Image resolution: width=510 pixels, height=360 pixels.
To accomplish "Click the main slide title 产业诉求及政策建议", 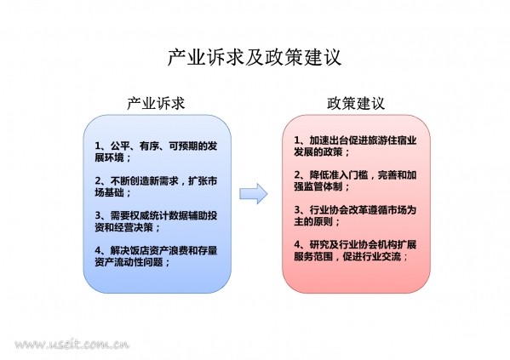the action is tap(255, 58).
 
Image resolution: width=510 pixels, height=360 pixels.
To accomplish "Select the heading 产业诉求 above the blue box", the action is tap(156, 104).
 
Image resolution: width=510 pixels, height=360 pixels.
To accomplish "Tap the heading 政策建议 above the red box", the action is tap(356, 104).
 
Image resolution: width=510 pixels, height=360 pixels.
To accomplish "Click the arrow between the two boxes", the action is tap(254, 194).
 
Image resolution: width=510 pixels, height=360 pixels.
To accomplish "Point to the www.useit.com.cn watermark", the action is tap(72, 344).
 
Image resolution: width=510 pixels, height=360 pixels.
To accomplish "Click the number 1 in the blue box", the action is tap(98, 146).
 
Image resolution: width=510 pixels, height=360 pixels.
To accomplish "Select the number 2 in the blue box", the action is tap(98, 181).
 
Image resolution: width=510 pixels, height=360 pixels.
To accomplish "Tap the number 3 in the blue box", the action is tap(98, 216).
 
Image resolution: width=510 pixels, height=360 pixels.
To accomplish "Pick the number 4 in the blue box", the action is tap(98, 251).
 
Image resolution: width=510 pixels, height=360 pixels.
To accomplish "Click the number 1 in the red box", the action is tap(297, 140).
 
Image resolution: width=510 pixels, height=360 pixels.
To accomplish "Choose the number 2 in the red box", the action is tap(298, 175).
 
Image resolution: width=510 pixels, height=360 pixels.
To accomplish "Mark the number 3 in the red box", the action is tap(298, 210).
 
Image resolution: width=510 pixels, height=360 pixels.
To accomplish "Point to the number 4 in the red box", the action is tap(298, 245).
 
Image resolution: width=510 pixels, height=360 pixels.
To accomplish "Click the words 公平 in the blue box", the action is tap(120, 146).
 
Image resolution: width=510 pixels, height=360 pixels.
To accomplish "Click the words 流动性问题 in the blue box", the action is tap(138, 262).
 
